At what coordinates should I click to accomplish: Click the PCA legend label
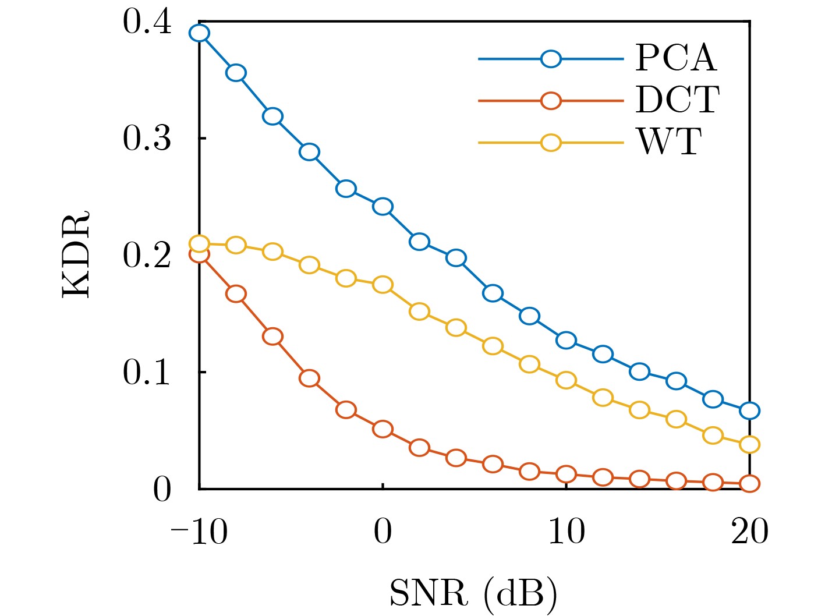[x=675, y=58]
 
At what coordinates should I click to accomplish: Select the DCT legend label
[x=677, y=100]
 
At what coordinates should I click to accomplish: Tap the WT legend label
[x=670, y=142]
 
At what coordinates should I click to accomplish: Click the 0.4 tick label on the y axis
[x=147, y=23]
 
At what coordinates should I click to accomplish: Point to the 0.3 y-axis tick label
[x=147, y=139]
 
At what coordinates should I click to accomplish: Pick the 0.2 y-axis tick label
[x=147, y=256]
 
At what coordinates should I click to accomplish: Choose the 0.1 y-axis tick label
[x=147, y=372]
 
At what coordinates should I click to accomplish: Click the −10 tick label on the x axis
[x=199, y=532]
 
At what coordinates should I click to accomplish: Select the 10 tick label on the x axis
[x=566, y=532]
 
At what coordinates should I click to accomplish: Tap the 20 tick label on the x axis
[x=749, y=532]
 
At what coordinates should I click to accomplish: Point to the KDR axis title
[x=76, y=254]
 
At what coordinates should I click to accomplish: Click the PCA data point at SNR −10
[x=199, y=33]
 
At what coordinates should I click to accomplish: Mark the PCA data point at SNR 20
[x=749, y=410]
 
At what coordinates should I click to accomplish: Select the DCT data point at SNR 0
[x=383, y=429]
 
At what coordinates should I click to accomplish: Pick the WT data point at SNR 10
[x=566, y=380]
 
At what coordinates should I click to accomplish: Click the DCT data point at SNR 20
[x=749, y=483]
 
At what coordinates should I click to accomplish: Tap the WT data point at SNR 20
[x=749, y=444]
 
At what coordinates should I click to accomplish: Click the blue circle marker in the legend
[x=551, y=59]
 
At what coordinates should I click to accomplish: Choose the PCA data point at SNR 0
[x=383, y=206]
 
